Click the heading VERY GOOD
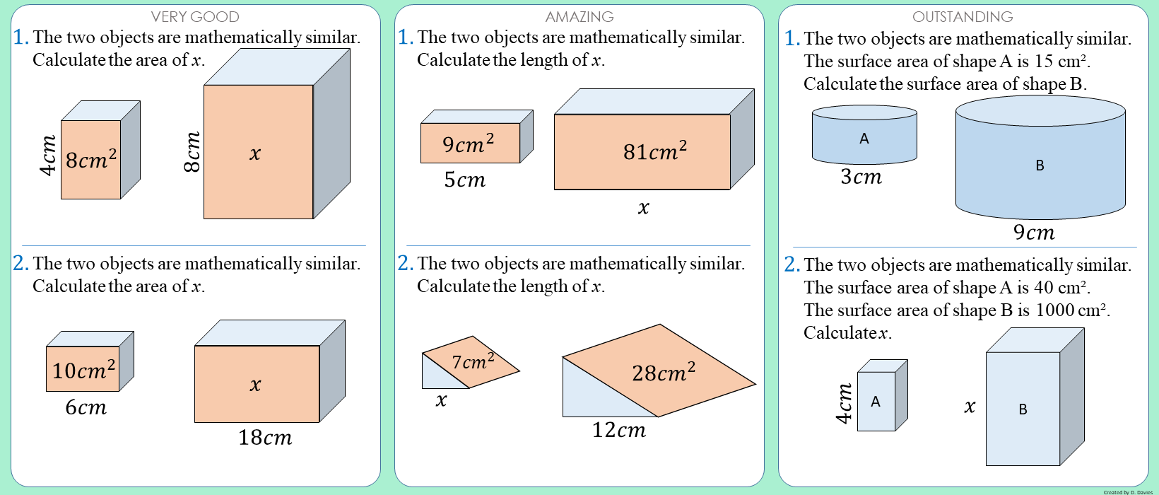coord(195,16)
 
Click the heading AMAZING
coord(579,16)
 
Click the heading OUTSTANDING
coord(963,16)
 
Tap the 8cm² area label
coord(91,159)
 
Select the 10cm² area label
coord(84,369)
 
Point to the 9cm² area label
coord(469,144)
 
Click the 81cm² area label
coord(655,151)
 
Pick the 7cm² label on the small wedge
coord(473,361)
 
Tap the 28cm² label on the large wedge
coord(664,372)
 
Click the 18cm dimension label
coord(265,438)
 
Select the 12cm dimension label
coord(619,430)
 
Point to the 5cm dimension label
coord(464,180)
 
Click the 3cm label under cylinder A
coord(861,177)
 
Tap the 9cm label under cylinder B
coord(1034,232)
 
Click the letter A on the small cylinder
coord(864,139)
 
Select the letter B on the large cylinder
coord(1040,165)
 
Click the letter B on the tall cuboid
coord(1023,409)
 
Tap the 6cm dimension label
coord(86,407)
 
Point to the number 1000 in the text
coord(1054,310)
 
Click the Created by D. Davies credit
coord(1128,492)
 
